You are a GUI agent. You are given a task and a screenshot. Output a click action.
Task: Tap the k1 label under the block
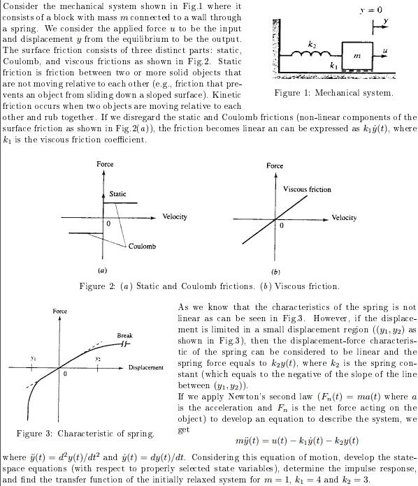[x=333, y=65]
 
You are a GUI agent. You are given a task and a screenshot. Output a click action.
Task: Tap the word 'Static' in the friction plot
[x=118, y=193]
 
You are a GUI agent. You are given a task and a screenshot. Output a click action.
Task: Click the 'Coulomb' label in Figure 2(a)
[x=142, y=246]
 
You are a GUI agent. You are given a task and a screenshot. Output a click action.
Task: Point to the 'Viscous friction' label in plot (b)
[x=308, y=189]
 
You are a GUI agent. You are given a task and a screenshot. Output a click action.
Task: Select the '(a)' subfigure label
[x=103, y=270]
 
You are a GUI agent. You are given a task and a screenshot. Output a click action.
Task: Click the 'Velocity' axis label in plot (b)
[x=344, y=218]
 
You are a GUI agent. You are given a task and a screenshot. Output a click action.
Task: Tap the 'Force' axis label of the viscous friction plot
[x=275, y=165]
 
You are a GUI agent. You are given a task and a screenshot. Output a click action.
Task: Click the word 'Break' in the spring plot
[x=124, y=336]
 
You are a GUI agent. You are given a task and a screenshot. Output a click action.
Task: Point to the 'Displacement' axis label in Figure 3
[x=145, y=367]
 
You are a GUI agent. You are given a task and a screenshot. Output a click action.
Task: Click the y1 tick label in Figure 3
[x=32, y=358]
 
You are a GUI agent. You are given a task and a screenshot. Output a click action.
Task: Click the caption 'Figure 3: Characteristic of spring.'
[x=86, y=434]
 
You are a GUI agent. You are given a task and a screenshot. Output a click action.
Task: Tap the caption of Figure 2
[x=209, y=286]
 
